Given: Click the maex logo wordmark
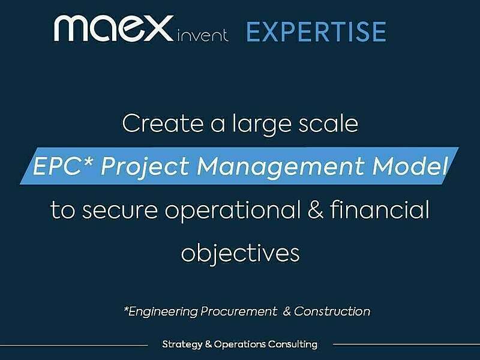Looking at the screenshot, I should [113, 29].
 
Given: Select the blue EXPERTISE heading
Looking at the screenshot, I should [316, 32].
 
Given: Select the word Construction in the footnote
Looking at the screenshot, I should [332, 311].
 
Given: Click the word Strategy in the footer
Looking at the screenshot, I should [181, 345].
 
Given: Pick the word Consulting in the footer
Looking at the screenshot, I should [293, 345].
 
